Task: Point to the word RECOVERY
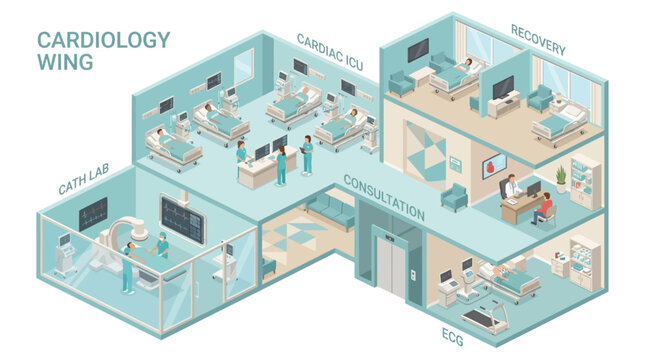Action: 538,39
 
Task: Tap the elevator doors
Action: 390,263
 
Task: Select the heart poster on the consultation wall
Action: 489,166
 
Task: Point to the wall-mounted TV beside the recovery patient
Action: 503,86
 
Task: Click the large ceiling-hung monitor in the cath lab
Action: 179,213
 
